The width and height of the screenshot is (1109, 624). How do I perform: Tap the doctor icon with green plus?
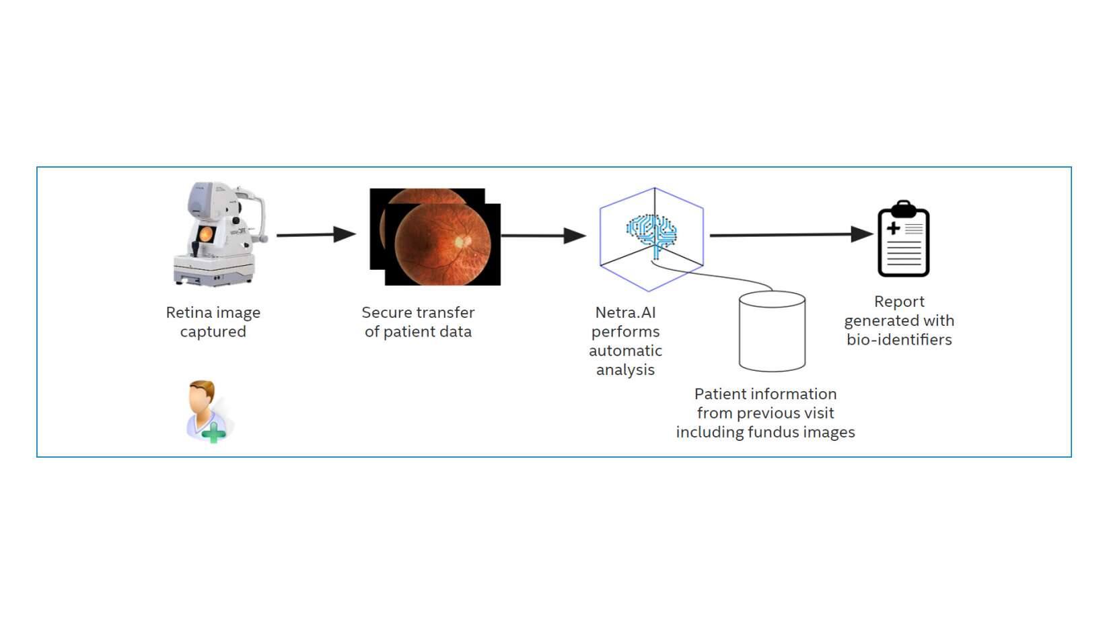[x=208, y=411]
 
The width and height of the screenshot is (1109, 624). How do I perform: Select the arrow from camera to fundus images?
[x=316, y=235]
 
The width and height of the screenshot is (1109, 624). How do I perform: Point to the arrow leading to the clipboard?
[x=791, y=235]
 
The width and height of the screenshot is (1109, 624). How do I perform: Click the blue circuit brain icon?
[x=651, y=232]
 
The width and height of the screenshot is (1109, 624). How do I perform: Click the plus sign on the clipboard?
[x=893, y=228]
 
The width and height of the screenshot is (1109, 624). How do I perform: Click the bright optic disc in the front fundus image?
[x=460, y=240]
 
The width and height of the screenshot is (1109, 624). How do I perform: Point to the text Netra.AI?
[x=625, y=312]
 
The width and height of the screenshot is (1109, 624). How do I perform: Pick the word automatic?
[x=625, y=351]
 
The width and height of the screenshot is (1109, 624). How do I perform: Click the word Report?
[x=899, y=302]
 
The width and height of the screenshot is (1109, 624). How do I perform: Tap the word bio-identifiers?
[x=899, y=340]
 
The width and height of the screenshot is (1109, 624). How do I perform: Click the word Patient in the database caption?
[x=719, y=394]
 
